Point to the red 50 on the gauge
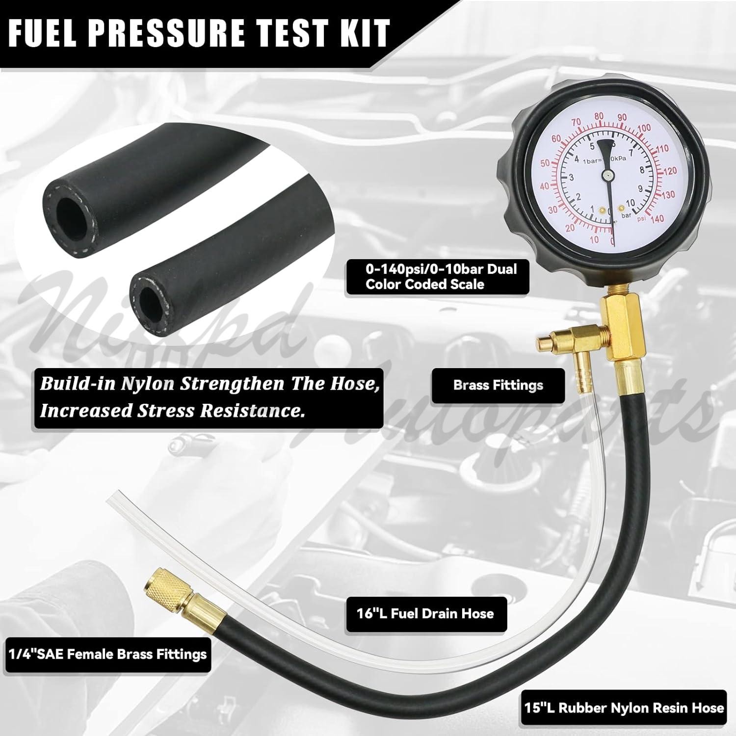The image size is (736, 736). click(x=545, y=163)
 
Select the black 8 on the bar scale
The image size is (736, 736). click(x=641, y=171)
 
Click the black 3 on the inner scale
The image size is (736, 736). click(x=571, y=178)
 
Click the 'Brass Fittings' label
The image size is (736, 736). click(x=498, y=385)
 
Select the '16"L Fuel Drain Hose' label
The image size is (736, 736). click(x=425, y=614)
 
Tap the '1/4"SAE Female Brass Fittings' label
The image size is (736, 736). click(x=107, y=654)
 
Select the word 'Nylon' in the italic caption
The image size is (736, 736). click(x=148, y=384)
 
